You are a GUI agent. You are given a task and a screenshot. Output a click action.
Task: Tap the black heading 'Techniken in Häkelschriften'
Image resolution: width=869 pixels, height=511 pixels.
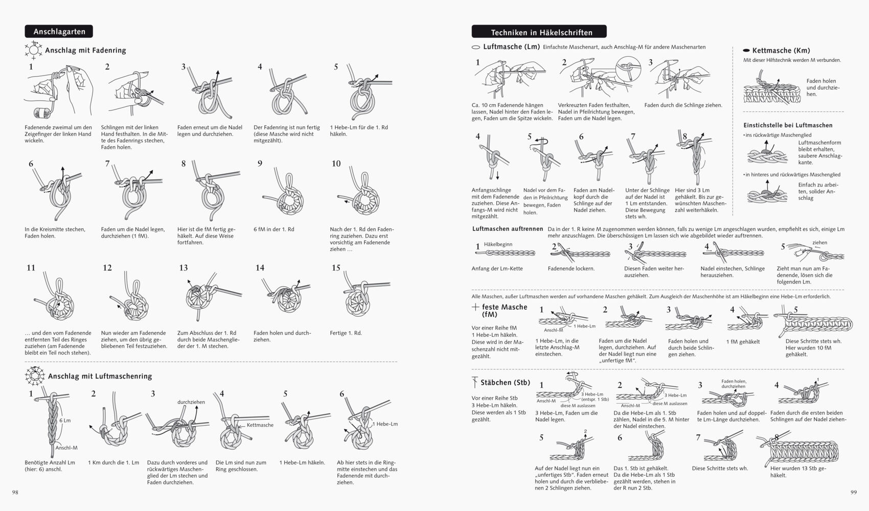click(x=541, y=32)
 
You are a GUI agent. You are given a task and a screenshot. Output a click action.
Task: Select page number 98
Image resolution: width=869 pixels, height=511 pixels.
click(x=15, y=492)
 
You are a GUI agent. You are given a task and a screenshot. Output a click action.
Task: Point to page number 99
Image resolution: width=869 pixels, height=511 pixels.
click(x=853, y=492)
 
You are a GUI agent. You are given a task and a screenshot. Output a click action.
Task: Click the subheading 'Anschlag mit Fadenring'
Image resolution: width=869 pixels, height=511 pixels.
click(x=85, y=51)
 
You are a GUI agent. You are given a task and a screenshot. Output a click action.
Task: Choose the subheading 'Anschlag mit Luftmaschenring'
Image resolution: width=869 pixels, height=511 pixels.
click(x=100, y=376)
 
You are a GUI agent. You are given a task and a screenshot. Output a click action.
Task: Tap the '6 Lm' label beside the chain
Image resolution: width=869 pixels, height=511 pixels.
click(x=65, y=420)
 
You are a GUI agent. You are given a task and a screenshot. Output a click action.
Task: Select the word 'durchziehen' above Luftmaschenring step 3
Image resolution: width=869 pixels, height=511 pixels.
click(x=191, y=402)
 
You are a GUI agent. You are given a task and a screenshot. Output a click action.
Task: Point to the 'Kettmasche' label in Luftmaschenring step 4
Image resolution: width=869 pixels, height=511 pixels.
click(x=260, y=425)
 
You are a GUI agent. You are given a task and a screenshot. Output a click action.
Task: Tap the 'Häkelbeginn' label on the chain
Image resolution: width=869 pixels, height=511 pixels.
click(x=498, y=244)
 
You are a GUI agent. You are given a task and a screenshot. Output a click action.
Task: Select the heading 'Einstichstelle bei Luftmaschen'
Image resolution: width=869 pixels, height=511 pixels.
click(x=788, y=125)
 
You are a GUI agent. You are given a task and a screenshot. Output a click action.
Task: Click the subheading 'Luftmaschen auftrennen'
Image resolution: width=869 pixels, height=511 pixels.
click(x=508, y=229)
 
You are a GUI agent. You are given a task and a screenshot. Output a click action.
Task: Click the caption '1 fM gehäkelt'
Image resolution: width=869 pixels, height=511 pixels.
click(x=743, y=342)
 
